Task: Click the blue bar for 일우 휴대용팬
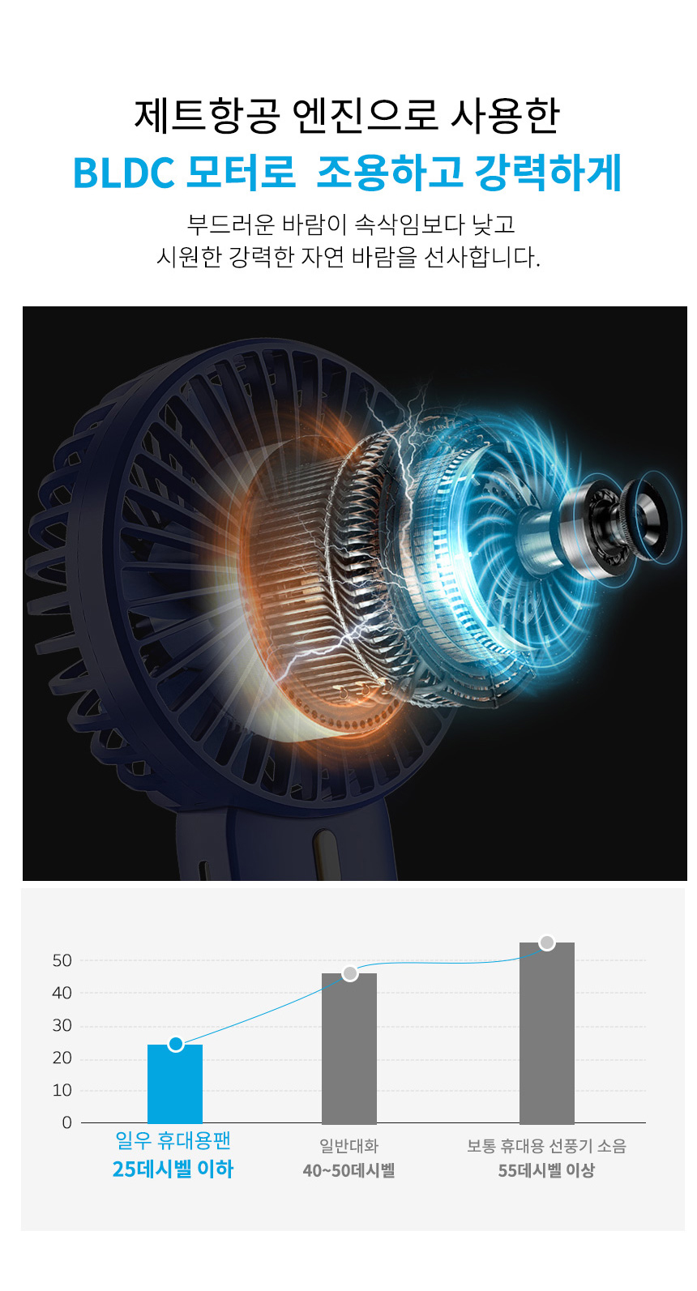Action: (x=175, y=1084)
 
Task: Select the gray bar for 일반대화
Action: (x=348, y=1048)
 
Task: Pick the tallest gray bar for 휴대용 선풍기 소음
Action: (x=546, y=1032)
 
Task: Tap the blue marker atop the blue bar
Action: (x=176, y=1044)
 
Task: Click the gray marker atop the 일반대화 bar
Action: (x=350, y=973)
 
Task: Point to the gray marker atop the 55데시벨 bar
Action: (x=547, y=943)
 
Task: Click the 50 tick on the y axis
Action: (x=62, y=961)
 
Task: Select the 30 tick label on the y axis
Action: (x=62, y=1025)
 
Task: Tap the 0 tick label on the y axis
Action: (x=67, y=1122)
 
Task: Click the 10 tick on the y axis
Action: (x=62, y=1090)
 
